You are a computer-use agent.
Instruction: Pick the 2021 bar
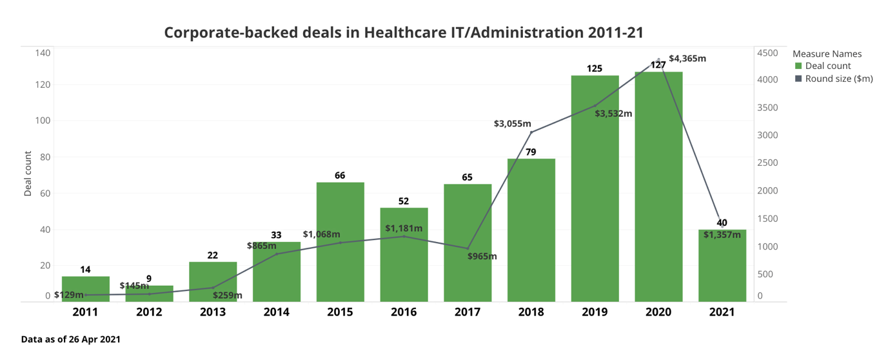tap(722, 268)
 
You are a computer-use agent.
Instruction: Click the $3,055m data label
tap(513, 123)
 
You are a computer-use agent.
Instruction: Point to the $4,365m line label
tap(687, 59)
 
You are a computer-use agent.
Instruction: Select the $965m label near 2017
tap(482, 256)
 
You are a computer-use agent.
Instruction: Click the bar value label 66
tap(340, 175)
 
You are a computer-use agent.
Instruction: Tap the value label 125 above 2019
tap(595, 68)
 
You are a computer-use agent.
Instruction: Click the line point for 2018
tap(531, 132)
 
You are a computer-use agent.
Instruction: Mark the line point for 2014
tap(277, 254)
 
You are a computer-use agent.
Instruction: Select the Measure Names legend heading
tap(827, 54)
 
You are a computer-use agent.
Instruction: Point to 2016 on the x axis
tap(404, 312)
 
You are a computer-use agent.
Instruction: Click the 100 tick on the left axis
tap(43, 121)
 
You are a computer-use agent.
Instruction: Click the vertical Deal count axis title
tap(28, 174)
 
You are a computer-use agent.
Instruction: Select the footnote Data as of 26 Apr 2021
tap(71, 339)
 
